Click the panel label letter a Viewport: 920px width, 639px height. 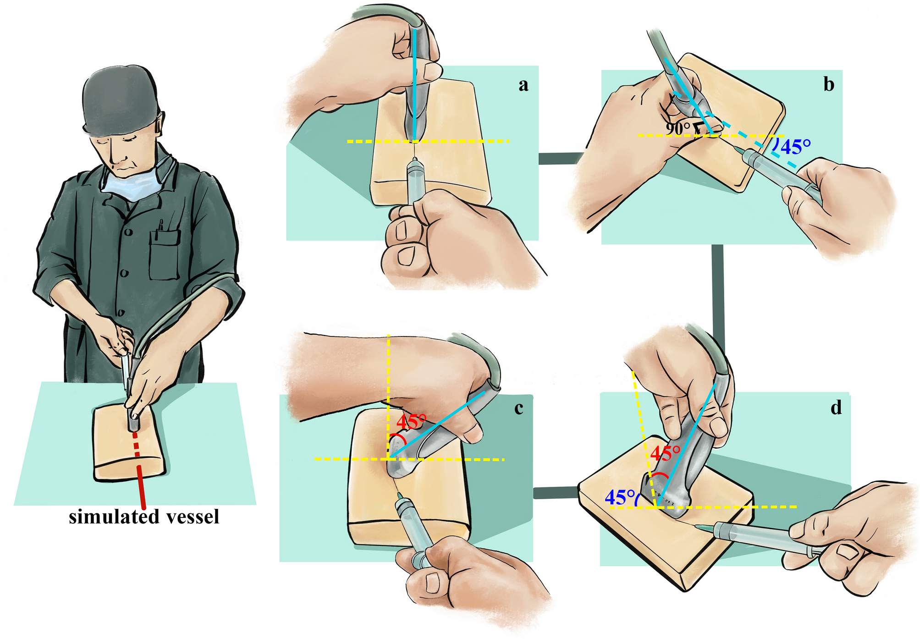pos(523,86)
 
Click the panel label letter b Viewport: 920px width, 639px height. pos(829,84)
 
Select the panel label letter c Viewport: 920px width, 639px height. pos(519,408)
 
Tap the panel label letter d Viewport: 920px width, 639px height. pos(836,407)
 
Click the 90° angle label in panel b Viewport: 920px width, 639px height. pos(678,129)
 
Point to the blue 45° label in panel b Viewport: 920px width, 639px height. pos(795,147)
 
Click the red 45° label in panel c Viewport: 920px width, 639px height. pos(411,421)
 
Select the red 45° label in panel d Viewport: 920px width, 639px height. pos(665,453)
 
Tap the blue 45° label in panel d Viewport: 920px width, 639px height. pos(620,497)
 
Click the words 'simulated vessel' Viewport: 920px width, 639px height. pos(144,517)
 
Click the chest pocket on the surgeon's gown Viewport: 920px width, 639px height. pos(164,254)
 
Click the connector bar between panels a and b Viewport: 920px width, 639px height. pos(562,158)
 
